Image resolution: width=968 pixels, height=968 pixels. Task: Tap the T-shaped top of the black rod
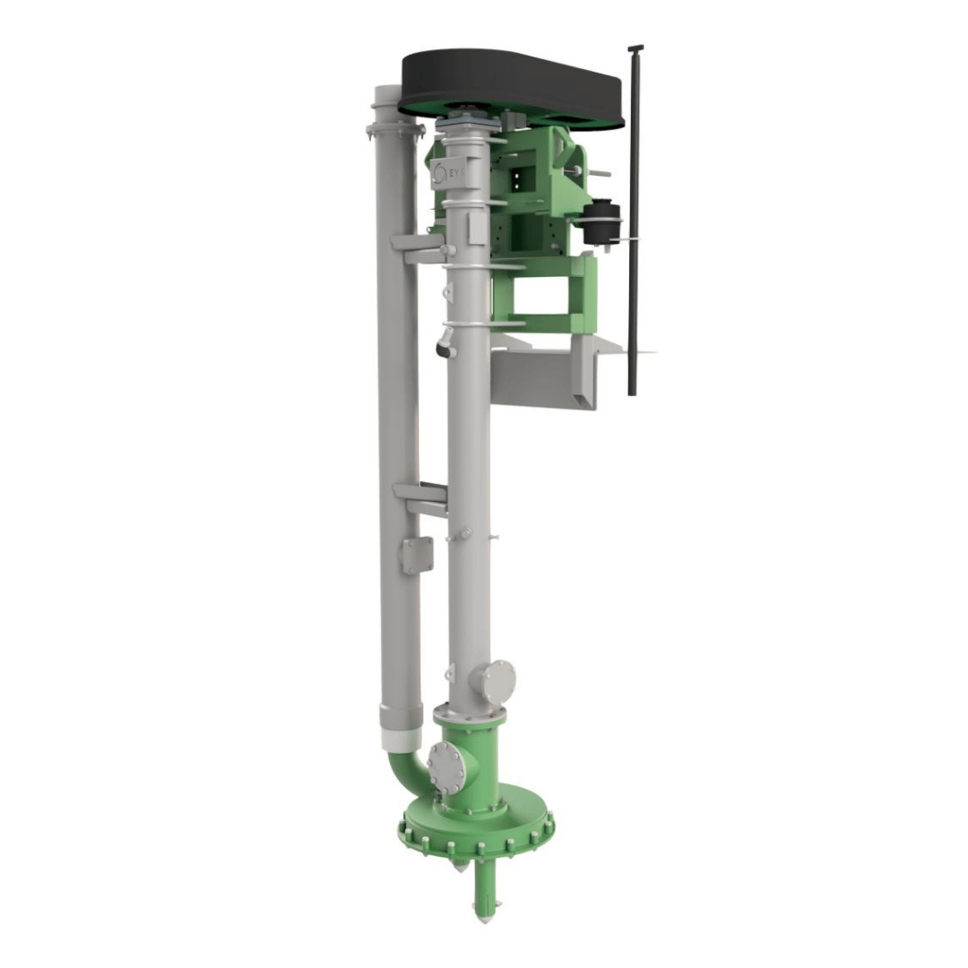(x=635, y=48)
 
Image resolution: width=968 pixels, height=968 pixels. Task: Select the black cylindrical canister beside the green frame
(x=601, y=222)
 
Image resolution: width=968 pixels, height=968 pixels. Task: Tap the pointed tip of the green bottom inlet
(x=484, y=916)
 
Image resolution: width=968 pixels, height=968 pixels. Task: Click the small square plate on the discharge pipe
(x=415, y=555)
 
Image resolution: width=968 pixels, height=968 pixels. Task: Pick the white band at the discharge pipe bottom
(x=401, y=739)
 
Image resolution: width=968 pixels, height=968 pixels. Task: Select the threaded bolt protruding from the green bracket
(x=599, y=172)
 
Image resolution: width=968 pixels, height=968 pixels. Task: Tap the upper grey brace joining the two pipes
(x=418, y=248)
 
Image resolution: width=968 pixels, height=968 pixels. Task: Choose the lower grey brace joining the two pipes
(x=419, y=497)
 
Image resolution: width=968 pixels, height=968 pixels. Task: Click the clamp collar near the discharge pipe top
(x=394, y=131)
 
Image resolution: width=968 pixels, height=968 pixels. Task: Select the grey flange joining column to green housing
(x=469, y=715)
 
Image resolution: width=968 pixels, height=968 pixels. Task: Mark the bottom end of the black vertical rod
(x=632, y=391)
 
